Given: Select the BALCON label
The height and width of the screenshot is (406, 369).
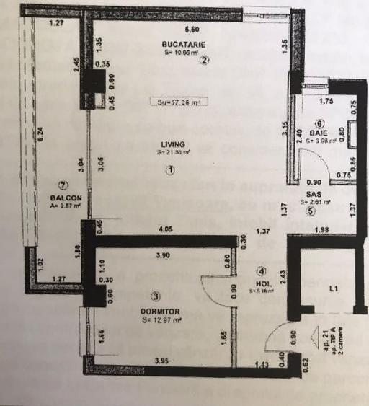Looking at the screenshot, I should pyautogui.click(x=65, y=197).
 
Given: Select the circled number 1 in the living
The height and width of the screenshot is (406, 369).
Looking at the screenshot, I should pyautogui.click(x=171, y=171).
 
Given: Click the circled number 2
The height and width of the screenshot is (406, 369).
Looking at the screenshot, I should pyautogui.click(x=205, y=60).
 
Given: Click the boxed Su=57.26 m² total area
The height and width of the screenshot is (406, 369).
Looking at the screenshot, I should pyautogui.click(x=174, y=102).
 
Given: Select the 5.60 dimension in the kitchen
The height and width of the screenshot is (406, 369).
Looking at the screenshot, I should pyautogui.click(x=192, y=30).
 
